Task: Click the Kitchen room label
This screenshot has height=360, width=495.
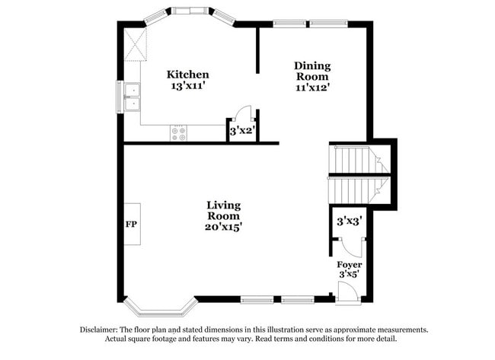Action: click(x=188, y=75)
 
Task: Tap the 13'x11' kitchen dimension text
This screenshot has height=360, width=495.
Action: click(x=188, y=86)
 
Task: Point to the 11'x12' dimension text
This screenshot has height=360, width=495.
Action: click(x=312, y=87)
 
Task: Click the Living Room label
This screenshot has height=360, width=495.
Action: click(x=224, y=210)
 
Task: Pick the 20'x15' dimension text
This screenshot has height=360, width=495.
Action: click(x=224, y=226)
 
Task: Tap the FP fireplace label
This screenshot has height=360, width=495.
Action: click(x=130, y=225)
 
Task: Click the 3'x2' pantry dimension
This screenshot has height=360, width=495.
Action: click(x=241, y=132)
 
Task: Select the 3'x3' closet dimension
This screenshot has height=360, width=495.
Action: click(x=349, y=221)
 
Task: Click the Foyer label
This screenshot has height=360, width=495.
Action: click(x=350, y=265)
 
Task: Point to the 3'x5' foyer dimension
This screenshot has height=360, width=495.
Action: click(x=350, y=274)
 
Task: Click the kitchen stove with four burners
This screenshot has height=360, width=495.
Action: click(x=179, y=133)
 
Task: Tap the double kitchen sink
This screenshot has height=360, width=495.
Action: click(x=133, y=97)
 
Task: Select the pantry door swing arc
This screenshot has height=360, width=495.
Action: click(x=243, y=113)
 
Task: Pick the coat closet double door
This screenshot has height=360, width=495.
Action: click(x=350, y=245)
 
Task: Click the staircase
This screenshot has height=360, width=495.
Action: click(x=359, y=174)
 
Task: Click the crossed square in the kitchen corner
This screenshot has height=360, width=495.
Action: click(x=136, y=45)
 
